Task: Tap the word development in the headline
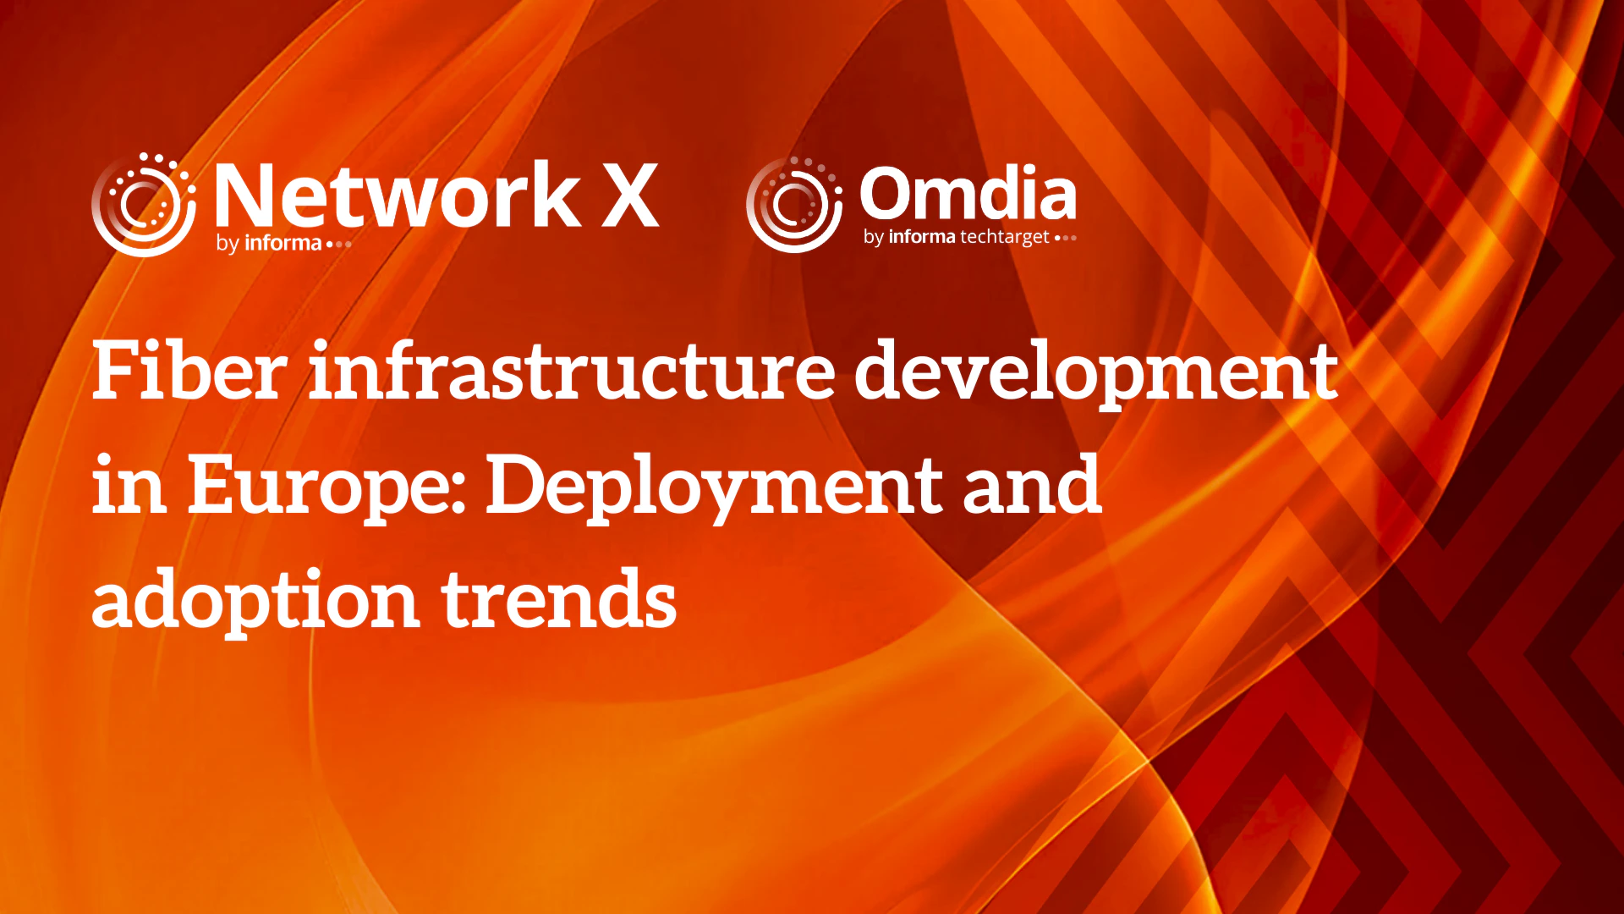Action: tap(1096, 375)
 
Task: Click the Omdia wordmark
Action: tap(968, 192)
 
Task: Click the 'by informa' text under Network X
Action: tap(268, 244)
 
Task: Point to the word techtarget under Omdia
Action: tap(1004, 237)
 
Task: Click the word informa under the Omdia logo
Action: tap(922, 236)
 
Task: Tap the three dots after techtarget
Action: tap(1066, 238)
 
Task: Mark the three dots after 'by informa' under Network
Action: tap(338, 245)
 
